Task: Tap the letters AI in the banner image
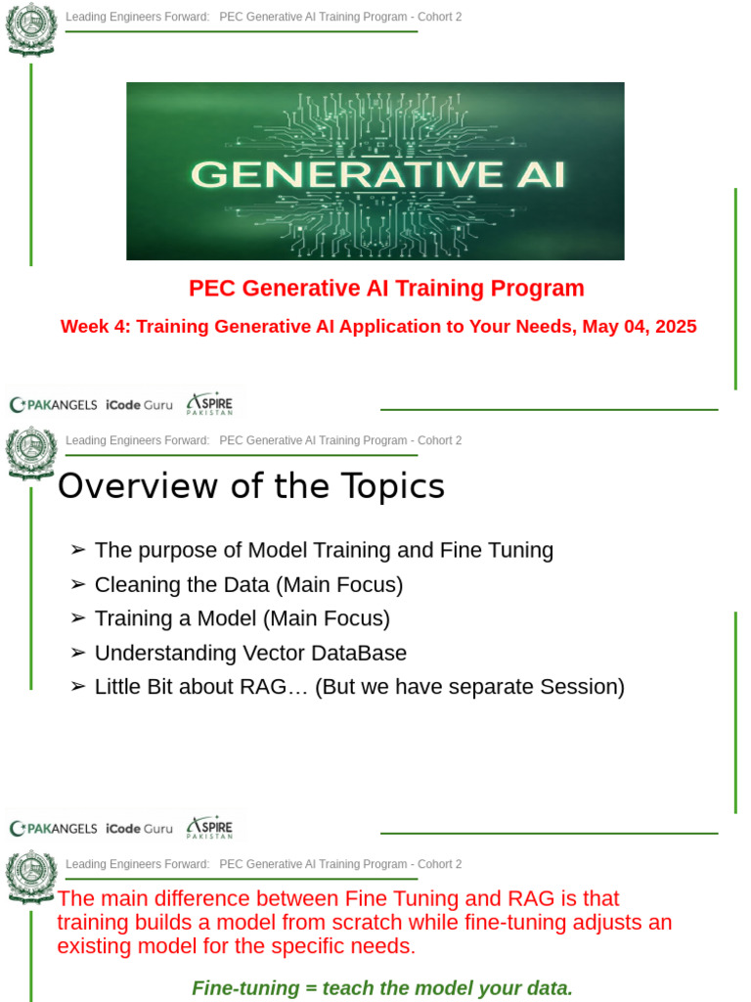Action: pos(533,174)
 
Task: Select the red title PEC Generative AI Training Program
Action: pos(386,289)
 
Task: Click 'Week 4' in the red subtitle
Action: pos(95,327)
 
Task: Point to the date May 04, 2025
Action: pos(640,327)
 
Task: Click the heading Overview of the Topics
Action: pos(251,486)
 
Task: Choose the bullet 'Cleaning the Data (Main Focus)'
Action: pos(248,585)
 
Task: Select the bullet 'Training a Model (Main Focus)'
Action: pos(242,618)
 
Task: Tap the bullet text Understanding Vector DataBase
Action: pos(250,653)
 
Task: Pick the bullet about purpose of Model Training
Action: pos(324,550)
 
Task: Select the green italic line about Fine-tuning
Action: pos(382,987)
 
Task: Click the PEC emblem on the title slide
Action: pos(31,29)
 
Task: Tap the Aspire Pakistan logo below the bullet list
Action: pos(210,828)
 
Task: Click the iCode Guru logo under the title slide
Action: pos(139,404)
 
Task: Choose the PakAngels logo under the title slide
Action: pos(53,404)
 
